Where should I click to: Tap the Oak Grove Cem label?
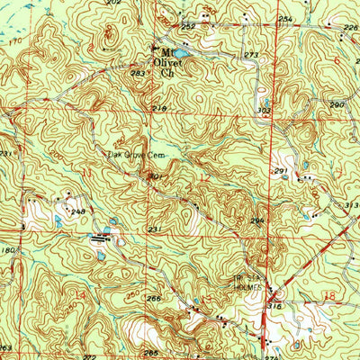(134, 154)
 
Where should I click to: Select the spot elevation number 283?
(138, 74)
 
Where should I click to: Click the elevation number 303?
(265, 111)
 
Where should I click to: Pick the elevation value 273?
(250, 56)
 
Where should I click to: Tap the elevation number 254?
(285, 19)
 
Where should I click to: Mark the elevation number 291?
(281, 171)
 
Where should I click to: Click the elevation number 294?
(256, 220)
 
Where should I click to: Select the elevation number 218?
(159, 109)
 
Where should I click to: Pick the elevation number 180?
(8, 251)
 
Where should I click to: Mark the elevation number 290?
(336, 105)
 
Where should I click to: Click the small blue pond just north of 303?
(266, 102)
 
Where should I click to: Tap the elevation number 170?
(12, 41)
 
